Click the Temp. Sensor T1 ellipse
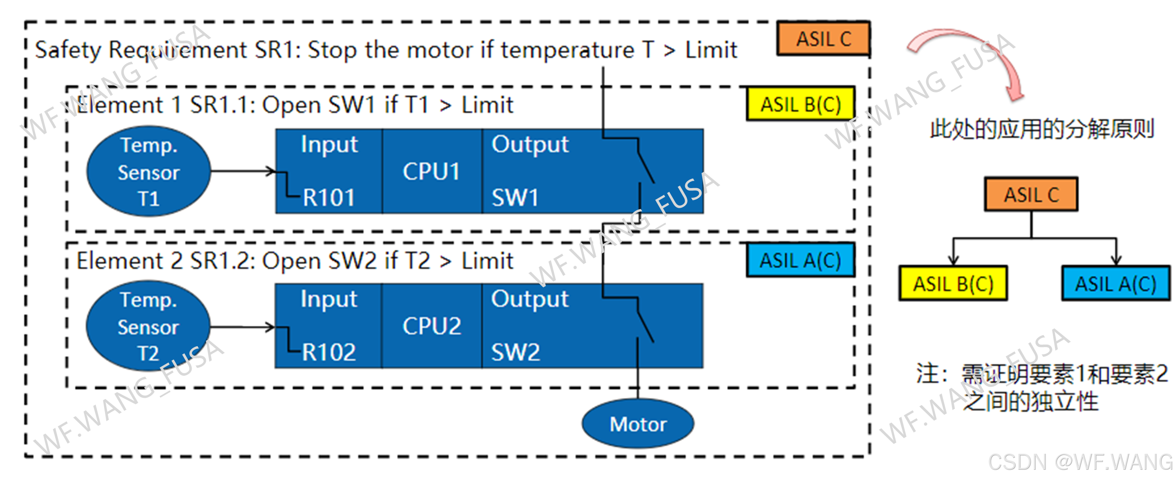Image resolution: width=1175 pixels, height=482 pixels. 149,171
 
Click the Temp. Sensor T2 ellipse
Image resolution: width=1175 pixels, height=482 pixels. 149,326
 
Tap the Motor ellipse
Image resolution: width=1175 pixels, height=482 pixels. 638,424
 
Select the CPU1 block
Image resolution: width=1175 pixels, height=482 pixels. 431,172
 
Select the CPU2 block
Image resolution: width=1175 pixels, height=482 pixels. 431,326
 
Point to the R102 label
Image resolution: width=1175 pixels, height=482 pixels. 328,352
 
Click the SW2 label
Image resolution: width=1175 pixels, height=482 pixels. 516,352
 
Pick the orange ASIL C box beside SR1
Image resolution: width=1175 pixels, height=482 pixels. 823,39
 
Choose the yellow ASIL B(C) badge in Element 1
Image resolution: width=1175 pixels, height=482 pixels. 800,105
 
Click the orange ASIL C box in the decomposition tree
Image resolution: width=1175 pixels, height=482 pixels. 1031,195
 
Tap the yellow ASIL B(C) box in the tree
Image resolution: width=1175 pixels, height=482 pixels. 953,284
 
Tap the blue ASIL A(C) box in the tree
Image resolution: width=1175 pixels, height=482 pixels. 1115,284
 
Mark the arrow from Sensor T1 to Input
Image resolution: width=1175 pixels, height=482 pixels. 242,171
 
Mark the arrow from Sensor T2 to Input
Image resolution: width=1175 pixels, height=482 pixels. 242,326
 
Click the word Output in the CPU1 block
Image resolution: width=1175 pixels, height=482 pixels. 530,145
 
